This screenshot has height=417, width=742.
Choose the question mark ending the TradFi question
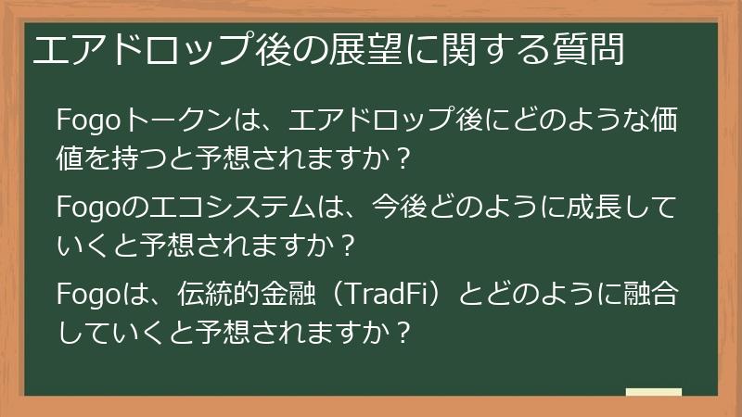[401, 332]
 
